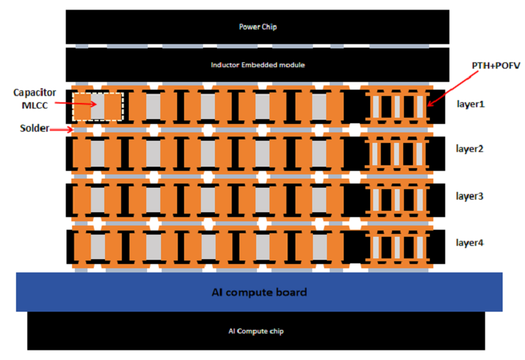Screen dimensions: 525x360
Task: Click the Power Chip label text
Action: click(x=258, y=27)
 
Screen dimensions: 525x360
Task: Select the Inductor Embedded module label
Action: click(x=258, y=65)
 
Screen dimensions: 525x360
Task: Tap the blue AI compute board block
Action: click(x=259, y=292)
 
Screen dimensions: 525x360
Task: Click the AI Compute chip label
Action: click(x=256, y=331)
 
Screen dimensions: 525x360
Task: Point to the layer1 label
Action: click(x=470, y=104)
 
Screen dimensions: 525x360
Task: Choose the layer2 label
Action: click(x=470, y=148)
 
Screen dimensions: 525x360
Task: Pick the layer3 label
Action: click(x=470, y=196)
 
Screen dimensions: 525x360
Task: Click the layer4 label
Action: click(x=470, y=242)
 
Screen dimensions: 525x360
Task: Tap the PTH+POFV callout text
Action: click(x=496, y=66)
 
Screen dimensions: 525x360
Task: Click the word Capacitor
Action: click(x=34, y=92)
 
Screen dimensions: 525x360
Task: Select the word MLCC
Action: click(x=35, y=106)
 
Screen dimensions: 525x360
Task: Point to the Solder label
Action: click(x=34, y=128)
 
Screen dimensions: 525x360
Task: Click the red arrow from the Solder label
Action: click(x=62, y=130)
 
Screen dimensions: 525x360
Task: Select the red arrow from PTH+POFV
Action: click(x=453, y=89)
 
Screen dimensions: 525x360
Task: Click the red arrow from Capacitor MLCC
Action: click(x=76, y=104)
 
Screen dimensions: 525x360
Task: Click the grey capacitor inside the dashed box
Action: click(x=97, y=106)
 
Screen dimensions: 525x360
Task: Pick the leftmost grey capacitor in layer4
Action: click(x=98, y=247)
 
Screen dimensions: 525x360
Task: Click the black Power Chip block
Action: click(x=258, y=27)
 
